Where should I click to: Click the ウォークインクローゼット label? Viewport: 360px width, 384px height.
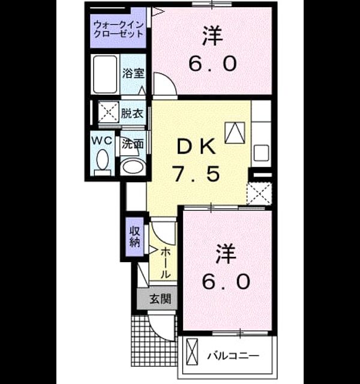pyautogui.click(x=118, y=29)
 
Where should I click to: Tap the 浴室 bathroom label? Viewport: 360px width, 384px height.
pyautogui.click(x=133, y=73)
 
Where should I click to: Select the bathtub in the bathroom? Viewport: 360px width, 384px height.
pyautogui.click(x=105, y=74)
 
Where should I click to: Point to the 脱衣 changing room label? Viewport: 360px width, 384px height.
pyautogui.click(x=132, y=113)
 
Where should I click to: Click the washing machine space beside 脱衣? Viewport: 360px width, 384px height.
pyautogui.click(x=109, y=112)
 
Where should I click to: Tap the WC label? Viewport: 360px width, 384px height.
pyautogui.click(x=102, y=140)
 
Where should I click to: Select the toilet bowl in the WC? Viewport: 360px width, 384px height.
pyautogui.click(x=103, y=160)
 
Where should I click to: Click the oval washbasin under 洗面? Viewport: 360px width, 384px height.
pyautogui.click(x=133, y=167)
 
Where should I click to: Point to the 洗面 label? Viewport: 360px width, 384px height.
pyautogui.click(x=133, y=144)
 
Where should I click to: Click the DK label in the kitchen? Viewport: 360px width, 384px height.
pyautogui.click(x=196, y=146)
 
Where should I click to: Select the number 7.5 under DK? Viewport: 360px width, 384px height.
pyautogui.click(x=196, y=173)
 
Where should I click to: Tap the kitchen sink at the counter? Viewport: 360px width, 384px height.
pyautogui.click(x=262, y=153)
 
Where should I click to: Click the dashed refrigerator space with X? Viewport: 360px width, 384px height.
pyautogui.click(x=259, y=193)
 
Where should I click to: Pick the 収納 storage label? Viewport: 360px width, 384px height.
pyautogui.click(x=134, y=236)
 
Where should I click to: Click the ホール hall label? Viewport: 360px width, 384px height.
pyautogui.click(x=166, y=263)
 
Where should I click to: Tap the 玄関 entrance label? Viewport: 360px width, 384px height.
pyautogui.click(x=160, y=299)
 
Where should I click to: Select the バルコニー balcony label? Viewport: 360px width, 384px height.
pyautogui.click(x=233, y=356)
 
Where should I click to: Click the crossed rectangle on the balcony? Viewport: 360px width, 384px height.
pyautogui.click(x=192, y=352)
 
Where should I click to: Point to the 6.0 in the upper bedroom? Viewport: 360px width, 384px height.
pyautogui.click(x=213, y=64)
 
